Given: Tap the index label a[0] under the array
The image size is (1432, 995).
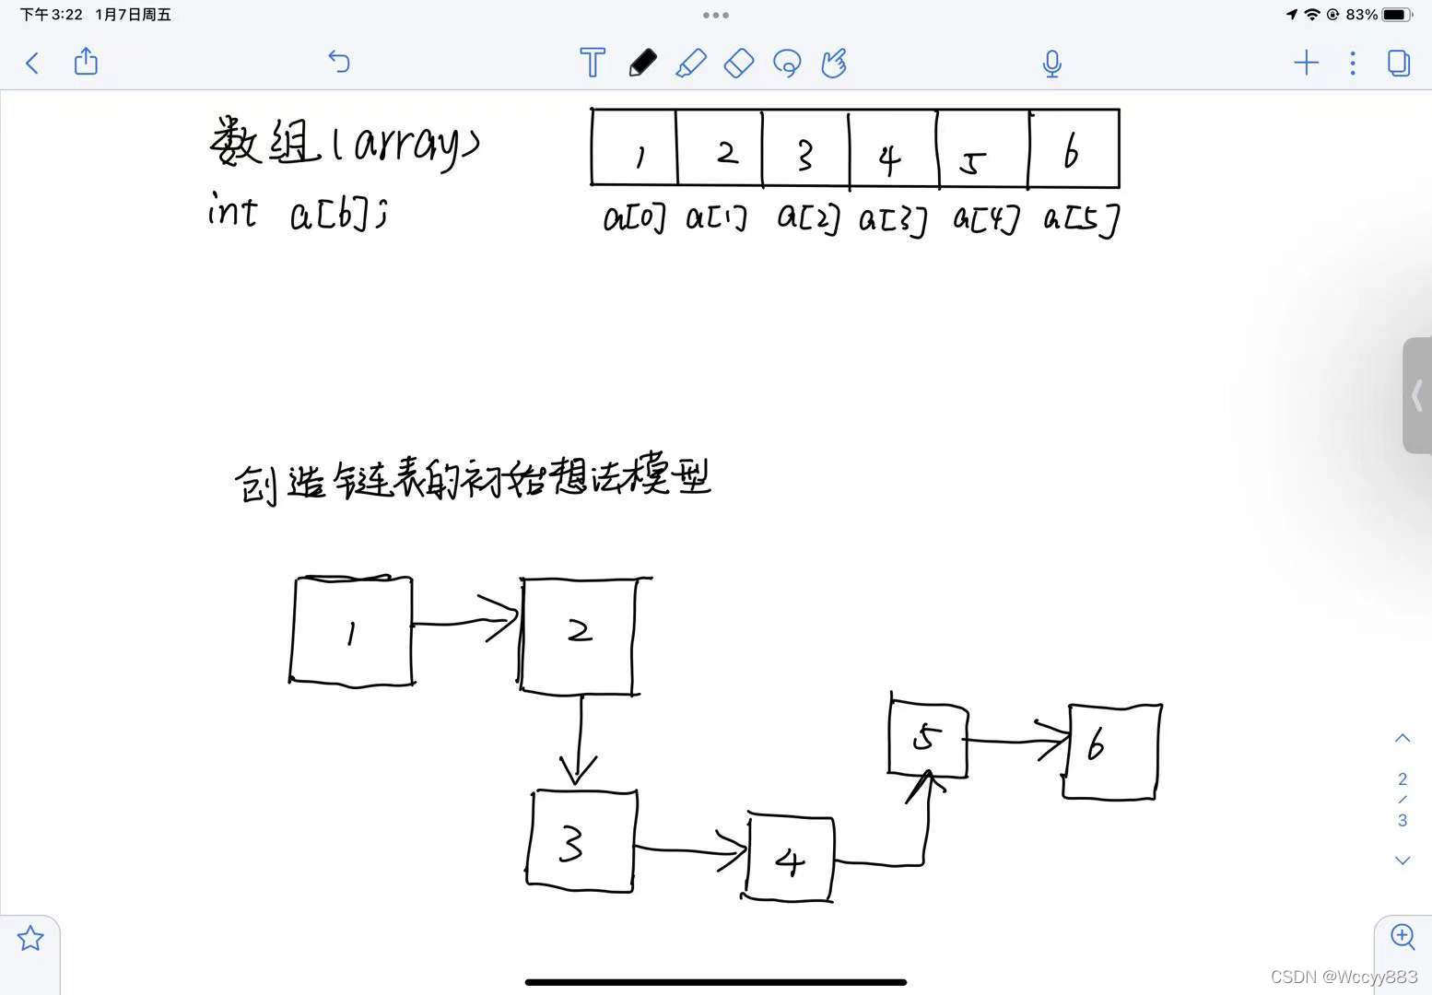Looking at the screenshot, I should [634, 218].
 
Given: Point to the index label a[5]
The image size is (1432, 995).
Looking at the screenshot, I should [1081, 219].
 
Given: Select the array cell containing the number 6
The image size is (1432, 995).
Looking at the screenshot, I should [1074, 149].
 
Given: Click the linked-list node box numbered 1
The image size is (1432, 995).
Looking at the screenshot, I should [351, 631].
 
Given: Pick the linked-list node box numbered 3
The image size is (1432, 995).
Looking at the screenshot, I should [581, 840].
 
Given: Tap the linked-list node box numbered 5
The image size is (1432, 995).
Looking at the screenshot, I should [928, 739].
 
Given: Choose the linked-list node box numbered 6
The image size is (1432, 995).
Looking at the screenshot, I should [1111, 751].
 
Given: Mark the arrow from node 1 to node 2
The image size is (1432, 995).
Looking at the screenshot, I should [466, 622].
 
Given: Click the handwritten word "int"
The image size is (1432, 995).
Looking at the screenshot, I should [232, 210].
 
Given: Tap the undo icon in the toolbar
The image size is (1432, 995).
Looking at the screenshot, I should [339, 62].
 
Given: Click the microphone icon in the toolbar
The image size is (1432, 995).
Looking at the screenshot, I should [1051, 64].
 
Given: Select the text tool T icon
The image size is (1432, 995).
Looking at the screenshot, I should [593, 63].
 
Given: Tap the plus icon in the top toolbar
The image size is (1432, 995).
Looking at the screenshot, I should [1306, 63].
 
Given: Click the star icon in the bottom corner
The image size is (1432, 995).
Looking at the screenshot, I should [30, 939].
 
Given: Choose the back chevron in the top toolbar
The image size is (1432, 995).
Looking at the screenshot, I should [32, 63].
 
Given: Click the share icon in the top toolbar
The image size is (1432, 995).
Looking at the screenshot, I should [86, 62].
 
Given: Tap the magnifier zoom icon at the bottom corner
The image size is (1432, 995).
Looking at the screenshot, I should [1403, 937].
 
